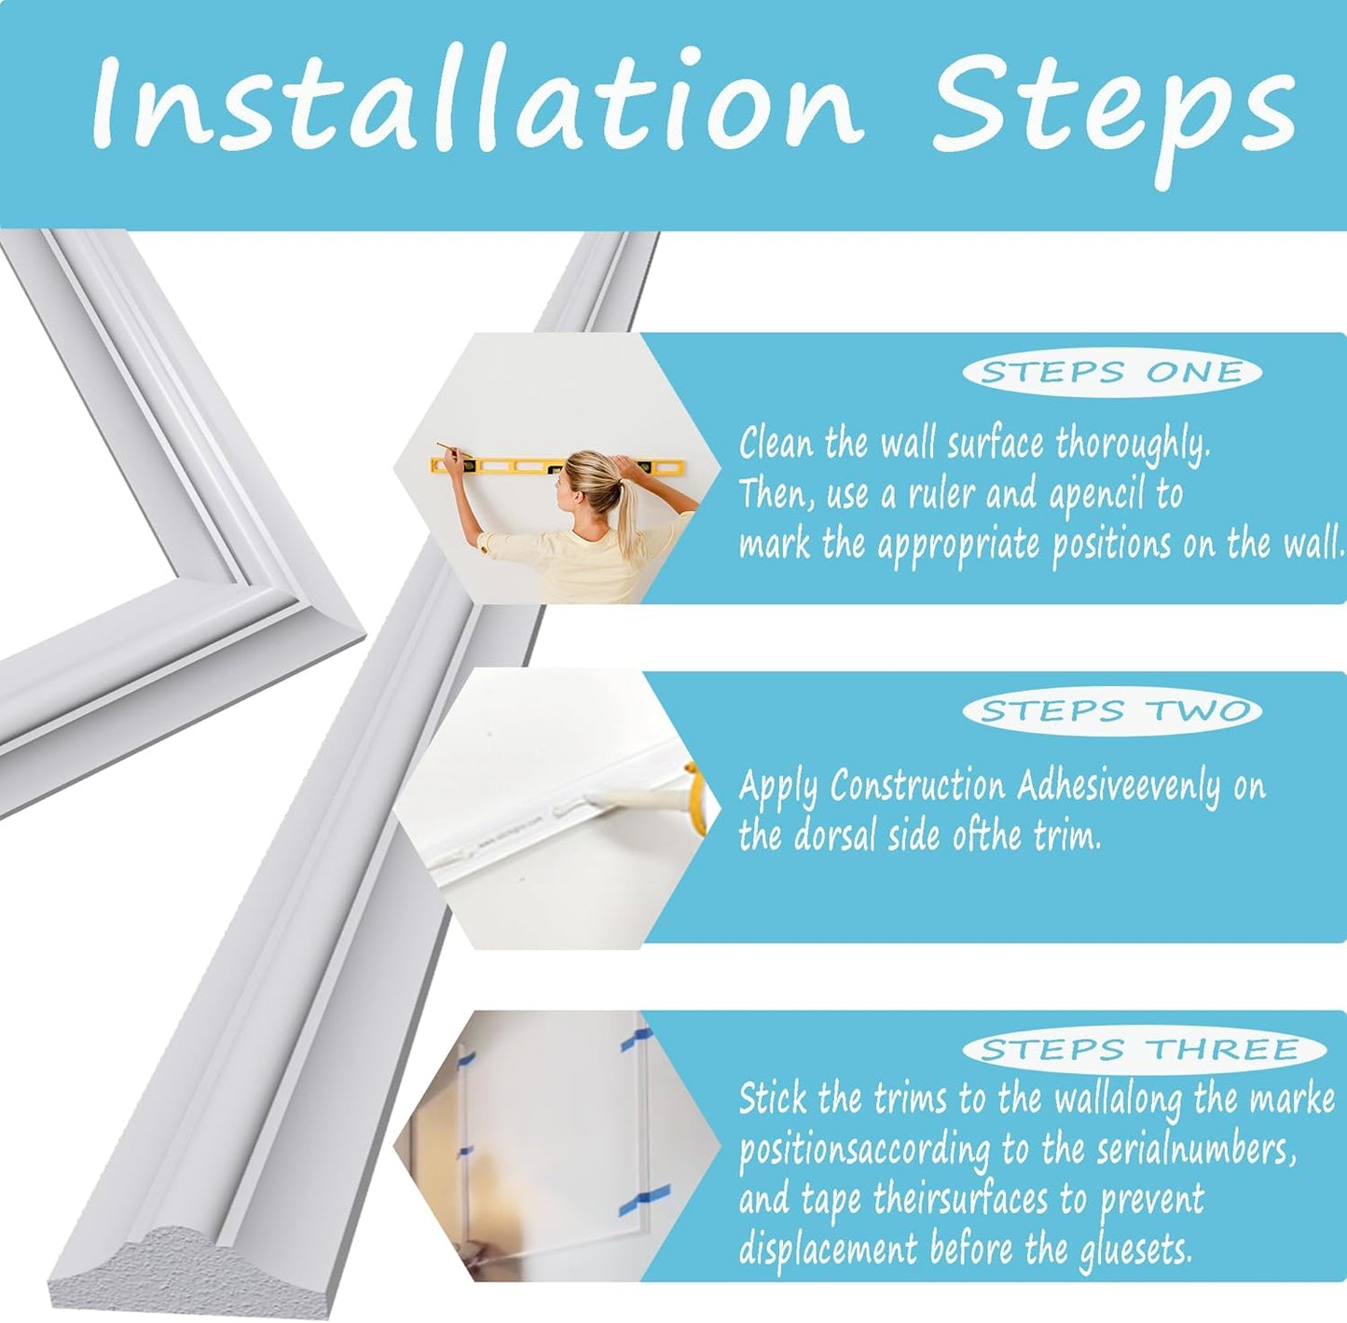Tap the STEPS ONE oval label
1111,372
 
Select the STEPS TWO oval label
1112,711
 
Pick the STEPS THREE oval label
1144,1050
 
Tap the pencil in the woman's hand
447,449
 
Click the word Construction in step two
917,786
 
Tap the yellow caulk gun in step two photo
695,796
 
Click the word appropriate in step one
957,546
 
